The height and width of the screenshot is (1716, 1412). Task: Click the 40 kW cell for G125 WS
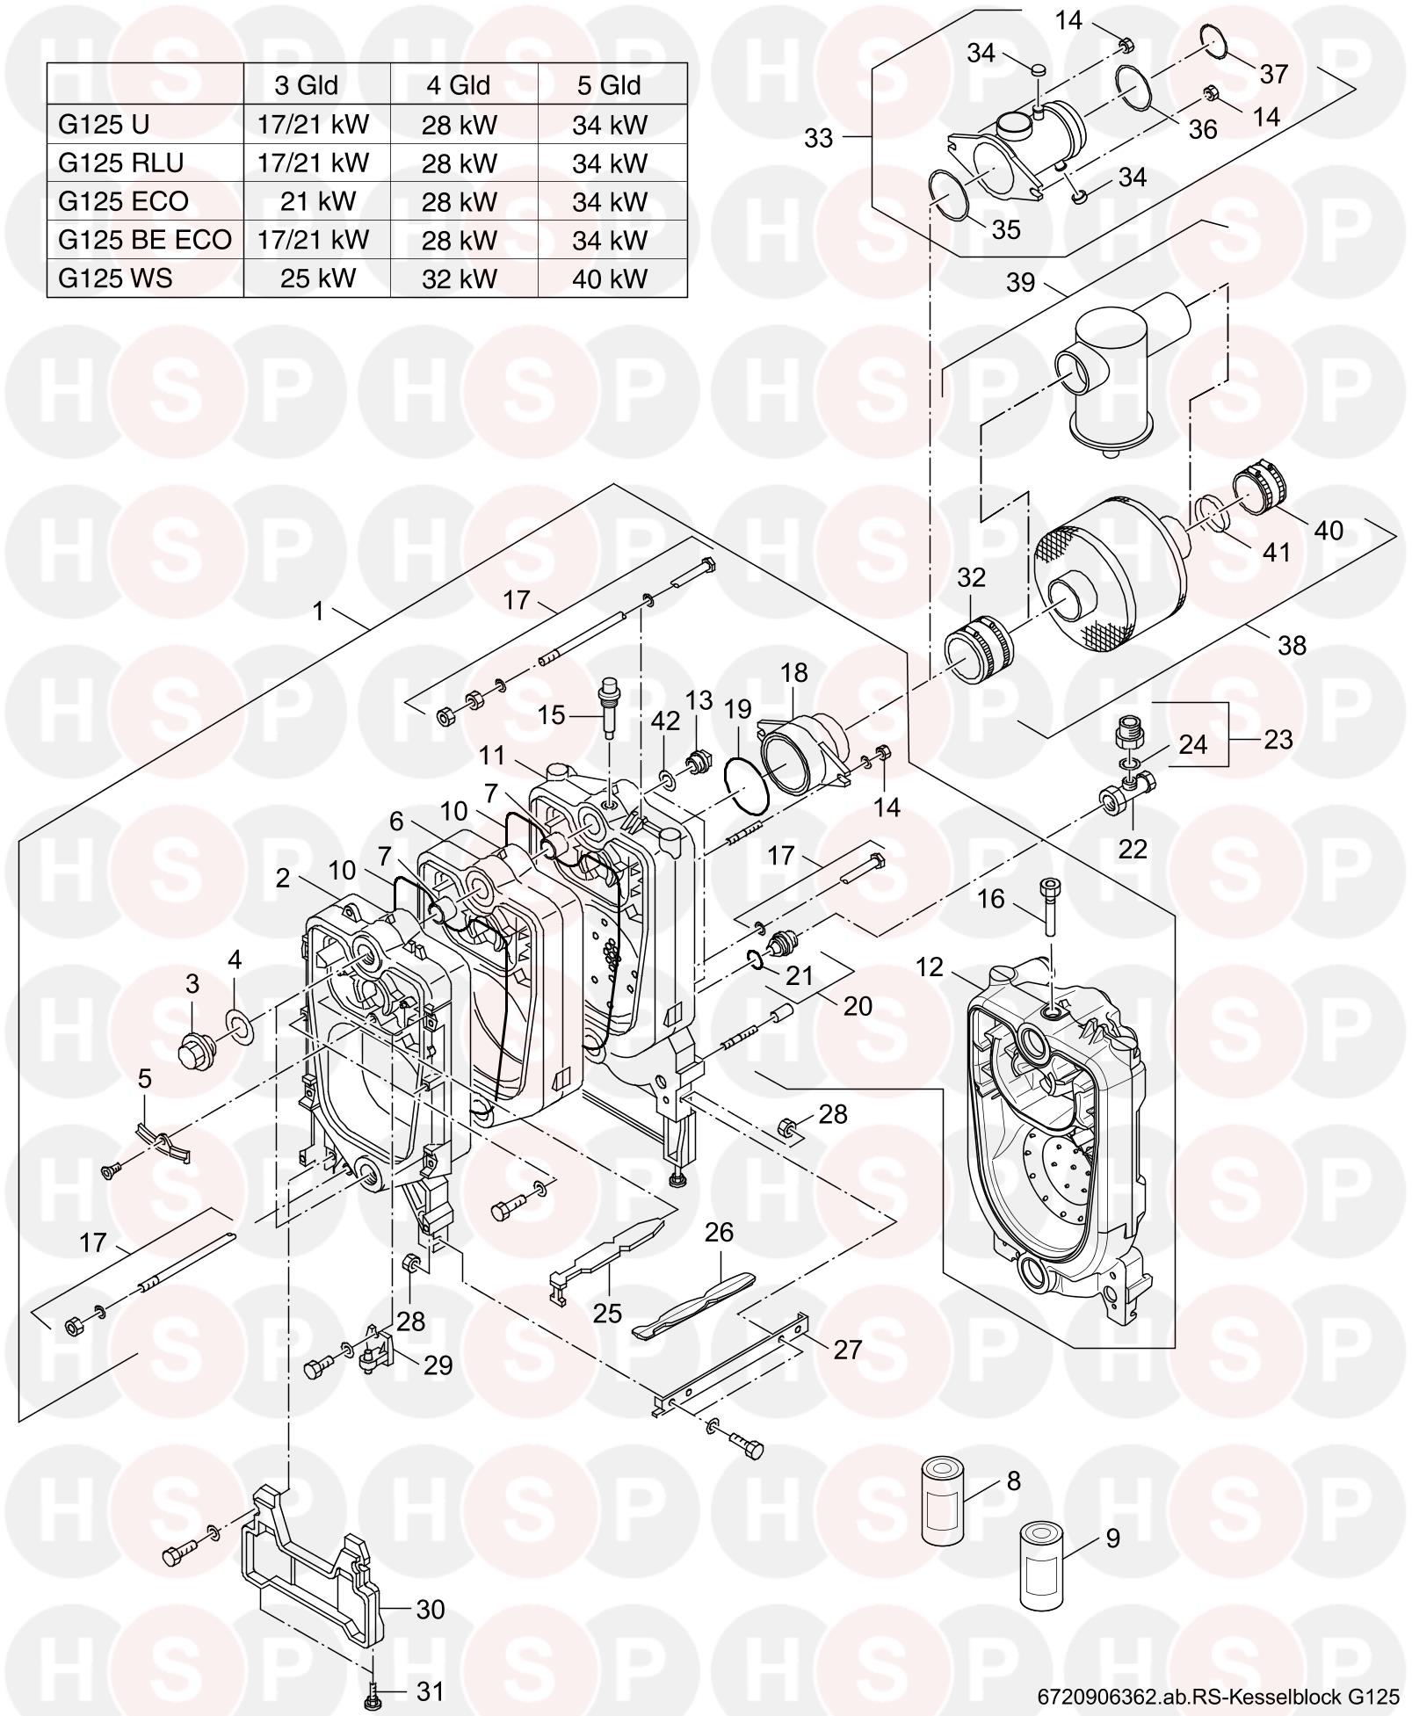(610, 279)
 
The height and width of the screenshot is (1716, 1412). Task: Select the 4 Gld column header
(459, 85)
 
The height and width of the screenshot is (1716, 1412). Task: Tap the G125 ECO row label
(124, 201)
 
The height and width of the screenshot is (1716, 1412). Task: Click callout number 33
(818, 139)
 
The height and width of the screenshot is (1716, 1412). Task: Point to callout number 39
(1021, 283)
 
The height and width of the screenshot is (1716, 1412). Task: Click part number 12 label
(929, 967)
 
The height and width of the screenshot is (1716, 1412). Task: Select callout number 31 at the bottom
(431, 1691)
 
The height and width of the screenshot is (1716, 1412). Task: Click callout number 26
(719, 1233)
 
